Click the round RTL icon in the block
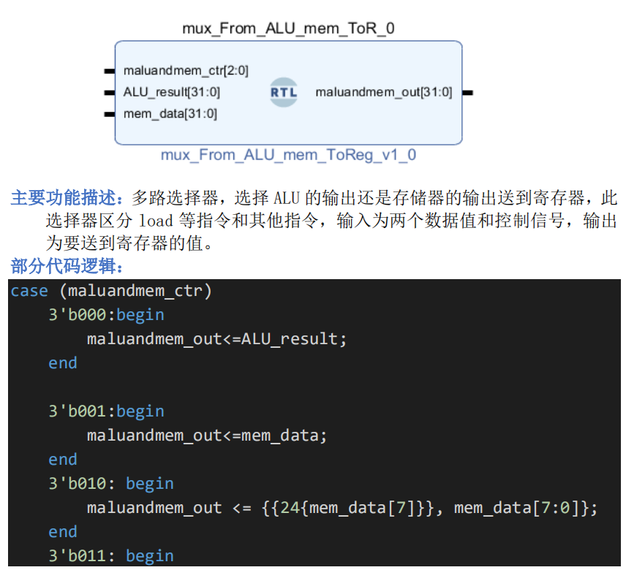[284, 93]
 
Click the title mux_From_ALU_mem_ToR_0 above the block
[288, 29]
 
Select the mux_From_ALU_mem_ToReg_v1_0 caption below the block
[288, 155]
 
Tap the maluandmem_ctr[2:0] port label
[186, 71]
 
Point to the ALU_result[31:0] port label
[172, 92]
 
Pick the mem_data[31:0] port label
[170, 113]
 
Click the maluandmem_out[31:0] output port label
[383, 92]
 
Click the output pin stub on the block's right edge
[468, 93]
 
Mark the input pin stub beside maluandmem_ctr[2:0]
[109, 71]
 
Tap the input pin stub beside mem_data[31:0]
[109, 114]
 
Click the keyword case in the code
[29, 291]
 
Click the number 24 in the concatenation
[290, 508]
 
